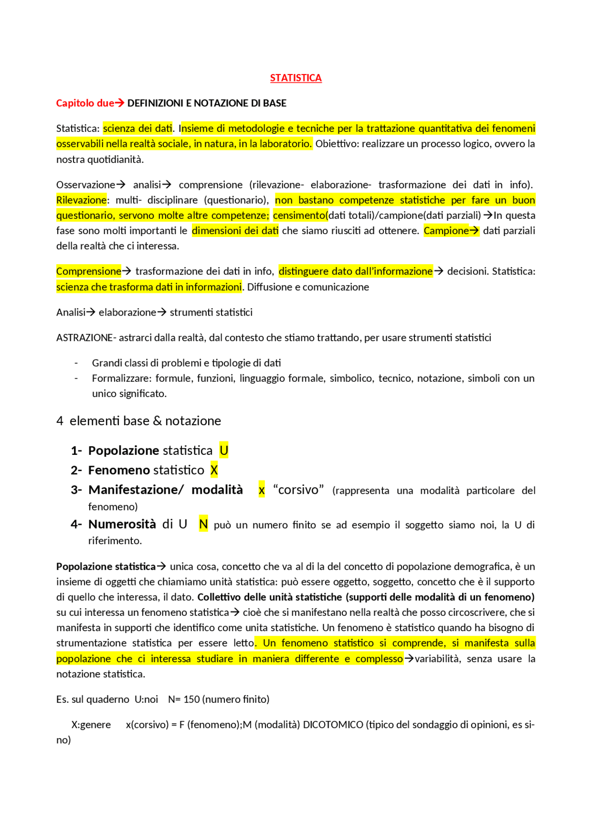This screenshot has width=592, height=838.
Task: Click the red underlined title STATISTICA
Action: coord(296,78)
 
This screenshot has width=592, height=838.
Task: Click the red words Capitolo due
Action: coord(85,103)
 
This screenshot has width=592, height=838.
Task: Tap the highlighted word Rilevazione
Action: coord(81,200)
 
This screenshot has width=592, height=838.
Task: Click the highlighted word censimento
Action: coord(299,215)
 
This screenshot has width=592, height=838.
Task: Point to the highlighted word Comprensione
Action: coord(89,271)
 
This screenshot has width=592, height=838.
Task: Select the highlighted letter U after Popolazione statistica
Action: coord(224,450)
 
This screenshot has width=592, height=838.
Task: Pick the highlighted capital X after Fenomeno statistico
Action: coord(214,470)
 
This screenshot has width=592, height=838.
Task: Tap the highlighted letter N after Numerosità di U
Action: coord(203,524)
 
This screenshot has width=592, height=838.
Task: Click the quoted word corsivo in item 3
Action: coord(298,490)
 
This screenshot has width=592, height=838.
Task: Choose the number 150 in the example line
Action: coord(191,699)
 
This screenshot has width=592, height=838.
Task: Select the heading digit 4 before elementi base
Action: coord(60,421)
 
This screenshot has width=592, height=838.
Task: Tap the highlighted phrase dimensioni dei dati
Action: coord(235,230)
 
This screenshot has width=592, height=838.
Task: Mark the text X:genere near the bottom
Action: coord(91,725)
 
